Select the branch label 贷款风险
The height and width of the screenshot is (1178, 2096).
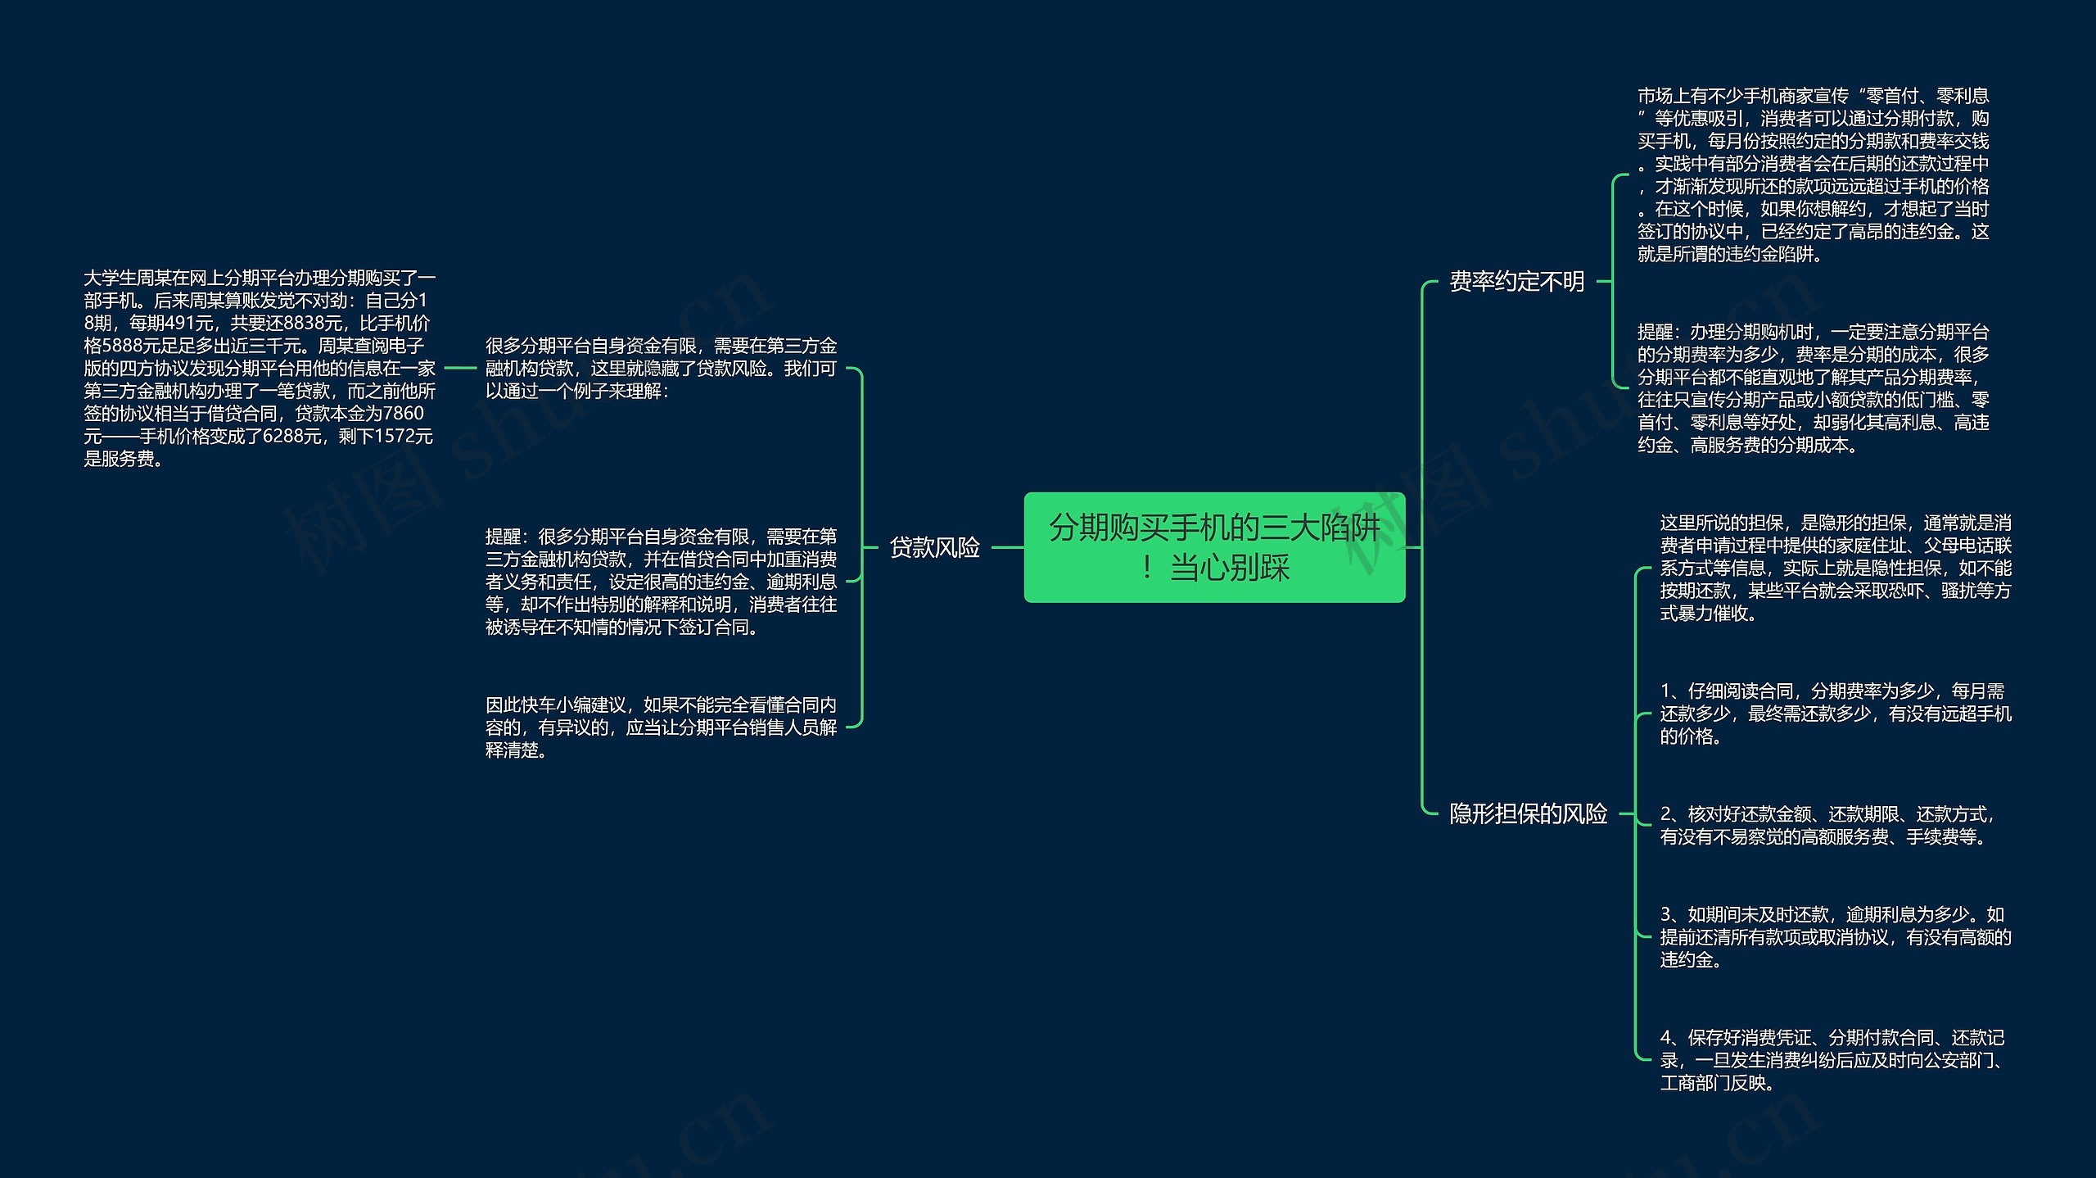934,547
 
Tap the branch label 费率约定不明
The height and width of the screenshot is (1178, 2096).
1517,282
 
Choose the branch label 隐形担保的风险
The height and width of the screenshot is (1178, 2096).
1528,813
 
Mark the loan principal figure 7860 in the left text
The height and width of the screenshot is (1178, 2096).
404,414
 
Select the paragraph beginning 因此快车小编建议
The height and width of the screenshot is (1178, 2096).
661,727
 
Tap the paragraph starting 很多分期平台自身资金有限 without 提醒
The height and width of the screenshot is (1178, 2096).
661,369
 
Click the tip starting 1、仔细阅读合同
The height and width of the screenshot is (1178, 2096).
1835,714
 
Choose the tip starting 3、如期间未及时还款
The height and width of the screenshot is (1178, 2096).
1835,936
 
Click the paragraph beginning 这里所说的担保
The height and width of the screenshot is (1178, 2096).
1835,568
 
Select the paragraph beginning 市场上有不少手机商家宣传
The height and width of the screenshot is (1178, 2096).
1813,174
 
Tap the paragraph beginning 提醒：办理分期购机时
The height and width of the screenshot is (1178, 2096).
1813,388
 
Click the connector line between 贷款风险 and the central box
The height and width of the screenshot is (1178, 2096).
1007,547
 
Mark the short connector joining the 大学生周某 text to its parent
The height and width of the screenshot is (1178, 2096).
459,369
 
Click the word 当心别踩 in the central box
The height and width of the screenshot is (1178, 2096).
1230,568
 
